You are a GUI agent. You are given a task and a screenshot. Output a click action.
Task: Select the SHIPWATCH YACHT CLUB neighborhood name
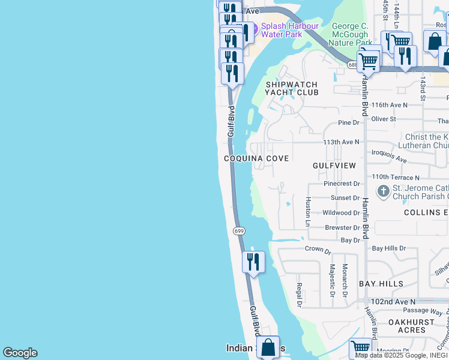click(292, 88)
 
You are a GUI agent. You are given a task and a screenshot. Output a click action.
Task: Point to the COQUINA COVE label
click(256, 158)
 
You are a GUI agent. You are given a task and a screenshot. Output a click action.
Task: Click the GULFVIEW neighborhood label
click(334, 165)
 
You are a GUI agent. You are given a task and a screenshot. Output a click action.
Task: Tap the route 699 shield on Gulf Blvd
click(238, 231)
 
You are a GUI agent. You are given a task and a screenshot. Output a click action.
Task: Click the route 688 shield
click(354, 64)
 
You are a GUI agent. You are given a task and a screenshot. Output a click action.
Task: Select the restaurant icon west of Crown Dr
click(253, 262)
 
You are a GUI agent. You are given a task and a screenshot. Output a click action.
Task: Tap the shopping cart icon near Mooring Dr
click(360, 348)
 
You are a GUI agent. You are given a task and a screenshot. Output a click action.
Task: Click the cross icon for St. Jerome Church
click(383, 191)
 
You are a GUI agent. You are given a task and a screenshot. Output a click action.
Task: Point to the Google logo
click(20, 353)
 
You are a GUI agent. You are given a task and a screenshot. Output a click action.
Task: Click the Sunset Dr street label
click(345, 198)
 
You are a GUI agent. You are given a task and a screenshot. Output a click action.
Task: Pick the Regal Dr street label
click(298, 295)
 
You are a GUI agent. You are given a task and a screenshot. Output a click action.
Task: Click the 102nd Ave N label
click(393, 302)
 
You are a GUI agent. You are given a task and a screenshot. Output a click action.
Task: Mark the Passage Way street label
click(423, 311)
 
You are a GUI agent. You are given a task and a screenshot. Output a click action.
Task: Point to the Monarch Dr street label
click(345, 279)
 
